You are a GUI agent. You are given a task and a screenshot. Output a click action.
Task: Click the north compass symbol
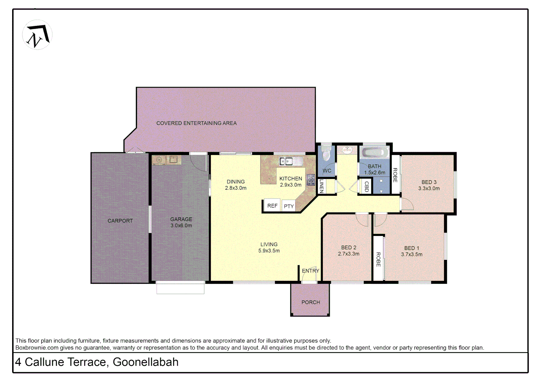[x=37, y=35]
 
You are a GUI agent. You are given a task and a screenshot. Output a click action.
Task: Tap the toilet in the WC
[x=326, y=155]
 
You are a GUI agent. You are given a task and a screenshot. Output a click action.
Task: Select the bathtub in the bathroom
[x=374, y=153]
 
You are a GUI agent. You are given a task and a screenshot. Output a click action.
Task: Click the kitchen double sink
[x=286, y=161]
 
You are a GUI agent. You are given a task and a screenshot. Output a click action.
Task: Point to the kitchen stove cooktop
[x=311, y=180]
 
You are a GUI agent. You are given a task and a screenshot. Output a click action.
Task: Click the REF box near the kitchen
[x=272, y=206]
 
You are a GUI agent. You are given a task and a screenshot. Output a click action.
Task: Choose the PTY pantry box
[x=289, y=206]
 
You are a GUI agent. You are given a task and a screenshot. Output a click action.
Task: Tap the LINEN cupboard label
[x=321, y=186]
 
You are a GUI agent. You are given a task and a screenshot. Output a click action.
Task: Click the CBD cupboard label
[x=366, y=186]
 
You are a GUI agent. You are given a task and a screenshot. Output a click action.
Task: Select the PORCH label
[x=310, y=302]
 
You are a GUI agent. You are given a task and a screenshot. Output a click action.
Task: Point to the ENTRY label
[x=310, y=271]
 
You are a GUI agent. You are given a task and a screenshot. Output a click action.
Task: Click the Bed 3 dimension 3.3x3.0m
[x=429, y=189]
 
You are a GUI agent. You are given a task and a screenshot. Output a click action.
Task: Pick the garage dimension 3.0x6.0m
[x=181, y=226]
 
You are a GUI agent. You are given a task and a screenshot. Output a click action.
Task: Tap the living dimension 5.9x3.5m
[x=269, y=251]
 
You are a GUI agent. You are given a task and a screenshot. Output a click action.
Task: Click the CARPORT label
[x=120, y=221]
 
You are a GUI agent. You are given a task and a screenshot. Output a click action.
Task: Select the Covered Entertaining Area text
[x=196, y=123]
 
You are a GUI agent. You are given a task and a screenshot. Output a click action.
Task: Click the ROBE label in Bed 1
[x=378, y=259]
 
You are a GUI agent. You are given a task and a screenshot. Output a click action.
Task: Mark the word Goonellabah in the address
[x=146, y=362]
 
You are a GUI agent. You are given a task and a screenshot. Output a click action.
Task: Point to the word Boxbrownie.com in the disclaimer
[x=37, y=348]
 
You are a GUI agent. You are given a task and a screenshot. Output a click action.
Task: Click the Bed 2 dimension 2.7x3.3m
[x=348, y=254]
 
